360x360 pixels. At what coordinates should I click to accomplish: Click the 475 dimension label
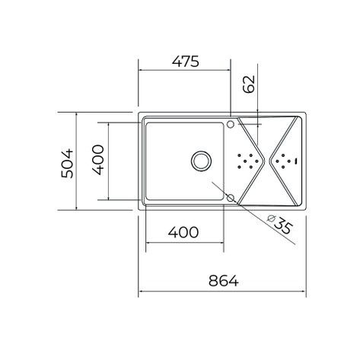pyautogui.click(x=186, y=62)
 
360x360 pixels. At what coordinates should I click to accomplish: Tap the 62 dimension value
pyautogui.click(x=249, y=84)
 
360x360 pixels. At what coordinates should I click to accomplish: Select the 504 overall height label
pyautogui.click(x=67, y=163)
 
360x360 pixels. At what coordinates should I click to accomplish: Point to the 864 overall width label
pyautogui.click(x=224, y=281)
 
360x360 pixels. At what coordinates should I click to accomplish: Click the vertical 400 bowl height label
pyautogui.click(x=97, y=160)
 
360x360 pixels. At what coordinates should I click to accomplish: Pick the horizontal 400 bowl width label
pyautogui.click(x=183, y=232)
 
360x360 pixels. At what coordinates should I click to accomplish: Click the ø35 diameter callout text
pyautogui.click(x=280, y=224)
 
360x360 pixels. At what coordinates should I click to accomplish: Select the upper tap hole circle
pyautogui.click(x=231, y=124)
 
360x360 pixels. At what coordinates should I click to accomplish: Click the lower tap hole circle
pyautogui.click(x=231, y=198)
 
